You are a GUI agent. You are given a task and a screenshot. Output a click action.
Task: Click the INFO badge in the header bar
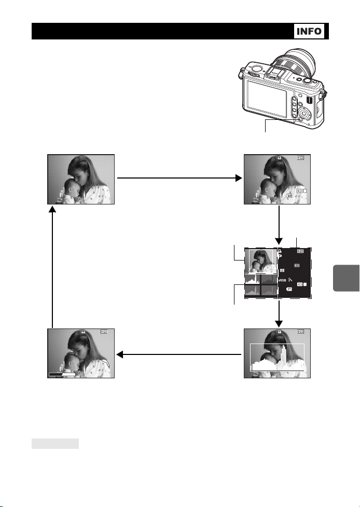tap(310, 31)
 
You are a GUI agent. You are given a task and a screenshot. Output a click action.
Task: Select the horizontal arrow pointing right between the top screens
tap(179, 178)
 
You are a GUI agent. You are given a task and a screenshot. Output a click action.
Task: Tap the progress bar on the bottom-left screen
tap(62, 374)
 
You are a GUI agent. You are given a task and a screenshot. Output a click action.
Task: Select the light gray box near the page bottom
tap(56, 444)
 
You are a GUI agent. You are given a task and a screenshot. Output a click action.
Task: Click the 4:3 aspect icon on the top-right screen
tap(301, 191)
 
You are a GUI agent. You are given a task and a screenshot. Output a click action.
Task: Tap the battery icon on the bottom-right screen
tap(301, 332)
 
